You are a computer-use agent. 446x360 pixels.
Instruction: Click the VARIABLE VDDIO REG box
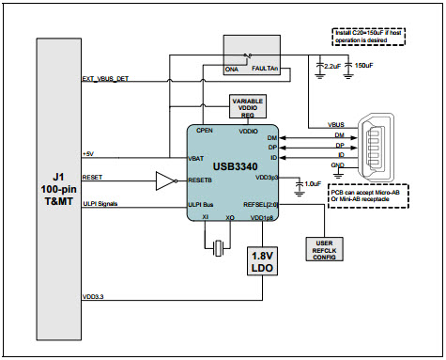(249, 106)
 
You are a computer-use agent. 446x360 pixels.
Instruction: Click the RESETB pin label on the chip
(203, 179)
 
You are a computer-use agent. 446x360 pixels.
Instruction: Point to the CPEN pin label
(208, 131)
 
